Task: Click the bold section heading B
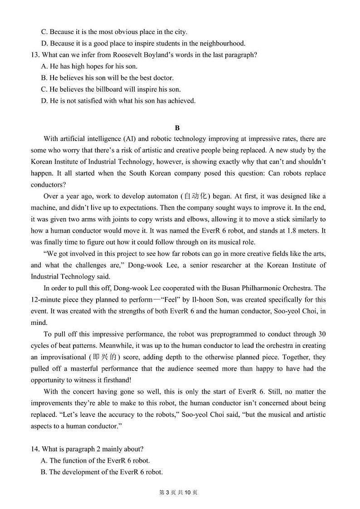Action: pyautogui.click(x=177, y=128)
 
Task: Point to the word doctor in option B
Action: pyautogui.click(x=164, y=78)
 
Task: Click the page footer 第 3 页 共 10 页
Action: pyautogui.click(x=180, y=493)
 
